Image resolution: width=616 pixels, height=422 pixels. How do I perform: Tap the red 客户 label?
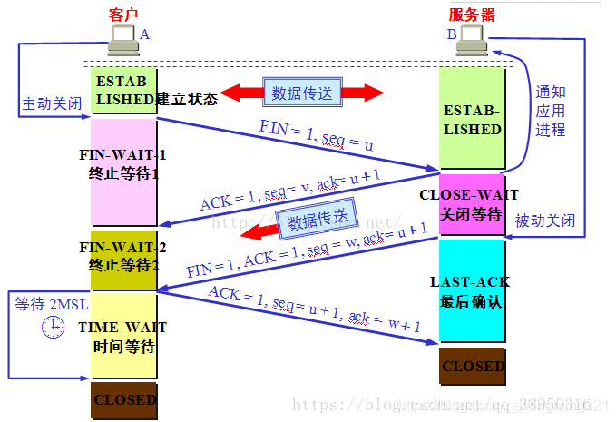[123, 13]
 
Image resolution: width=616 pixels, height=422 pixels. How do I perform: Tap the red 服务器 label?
[472, 14]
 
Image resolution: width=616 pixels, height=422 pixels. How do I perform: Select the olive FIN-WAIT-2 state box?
[124, 259]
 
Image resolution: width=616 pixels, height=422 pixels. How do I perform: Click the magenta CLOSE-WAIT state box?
[471, 204]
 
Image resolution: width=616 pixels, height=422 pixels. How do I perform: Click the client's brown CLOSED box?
[124, 399]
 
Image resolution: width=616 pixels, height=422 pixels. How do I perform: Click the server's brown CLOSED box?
[471, 366]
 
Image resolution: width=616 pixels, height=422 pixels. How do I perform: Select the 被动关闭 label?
[544, 221]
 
